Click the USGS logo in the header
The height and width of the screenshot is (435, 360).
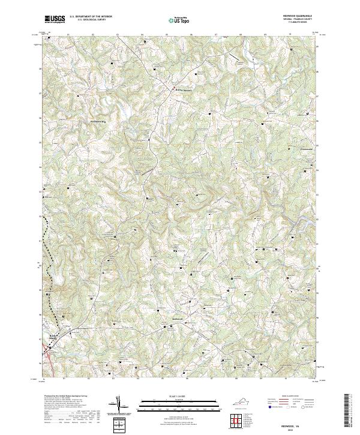click(55, 19)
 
